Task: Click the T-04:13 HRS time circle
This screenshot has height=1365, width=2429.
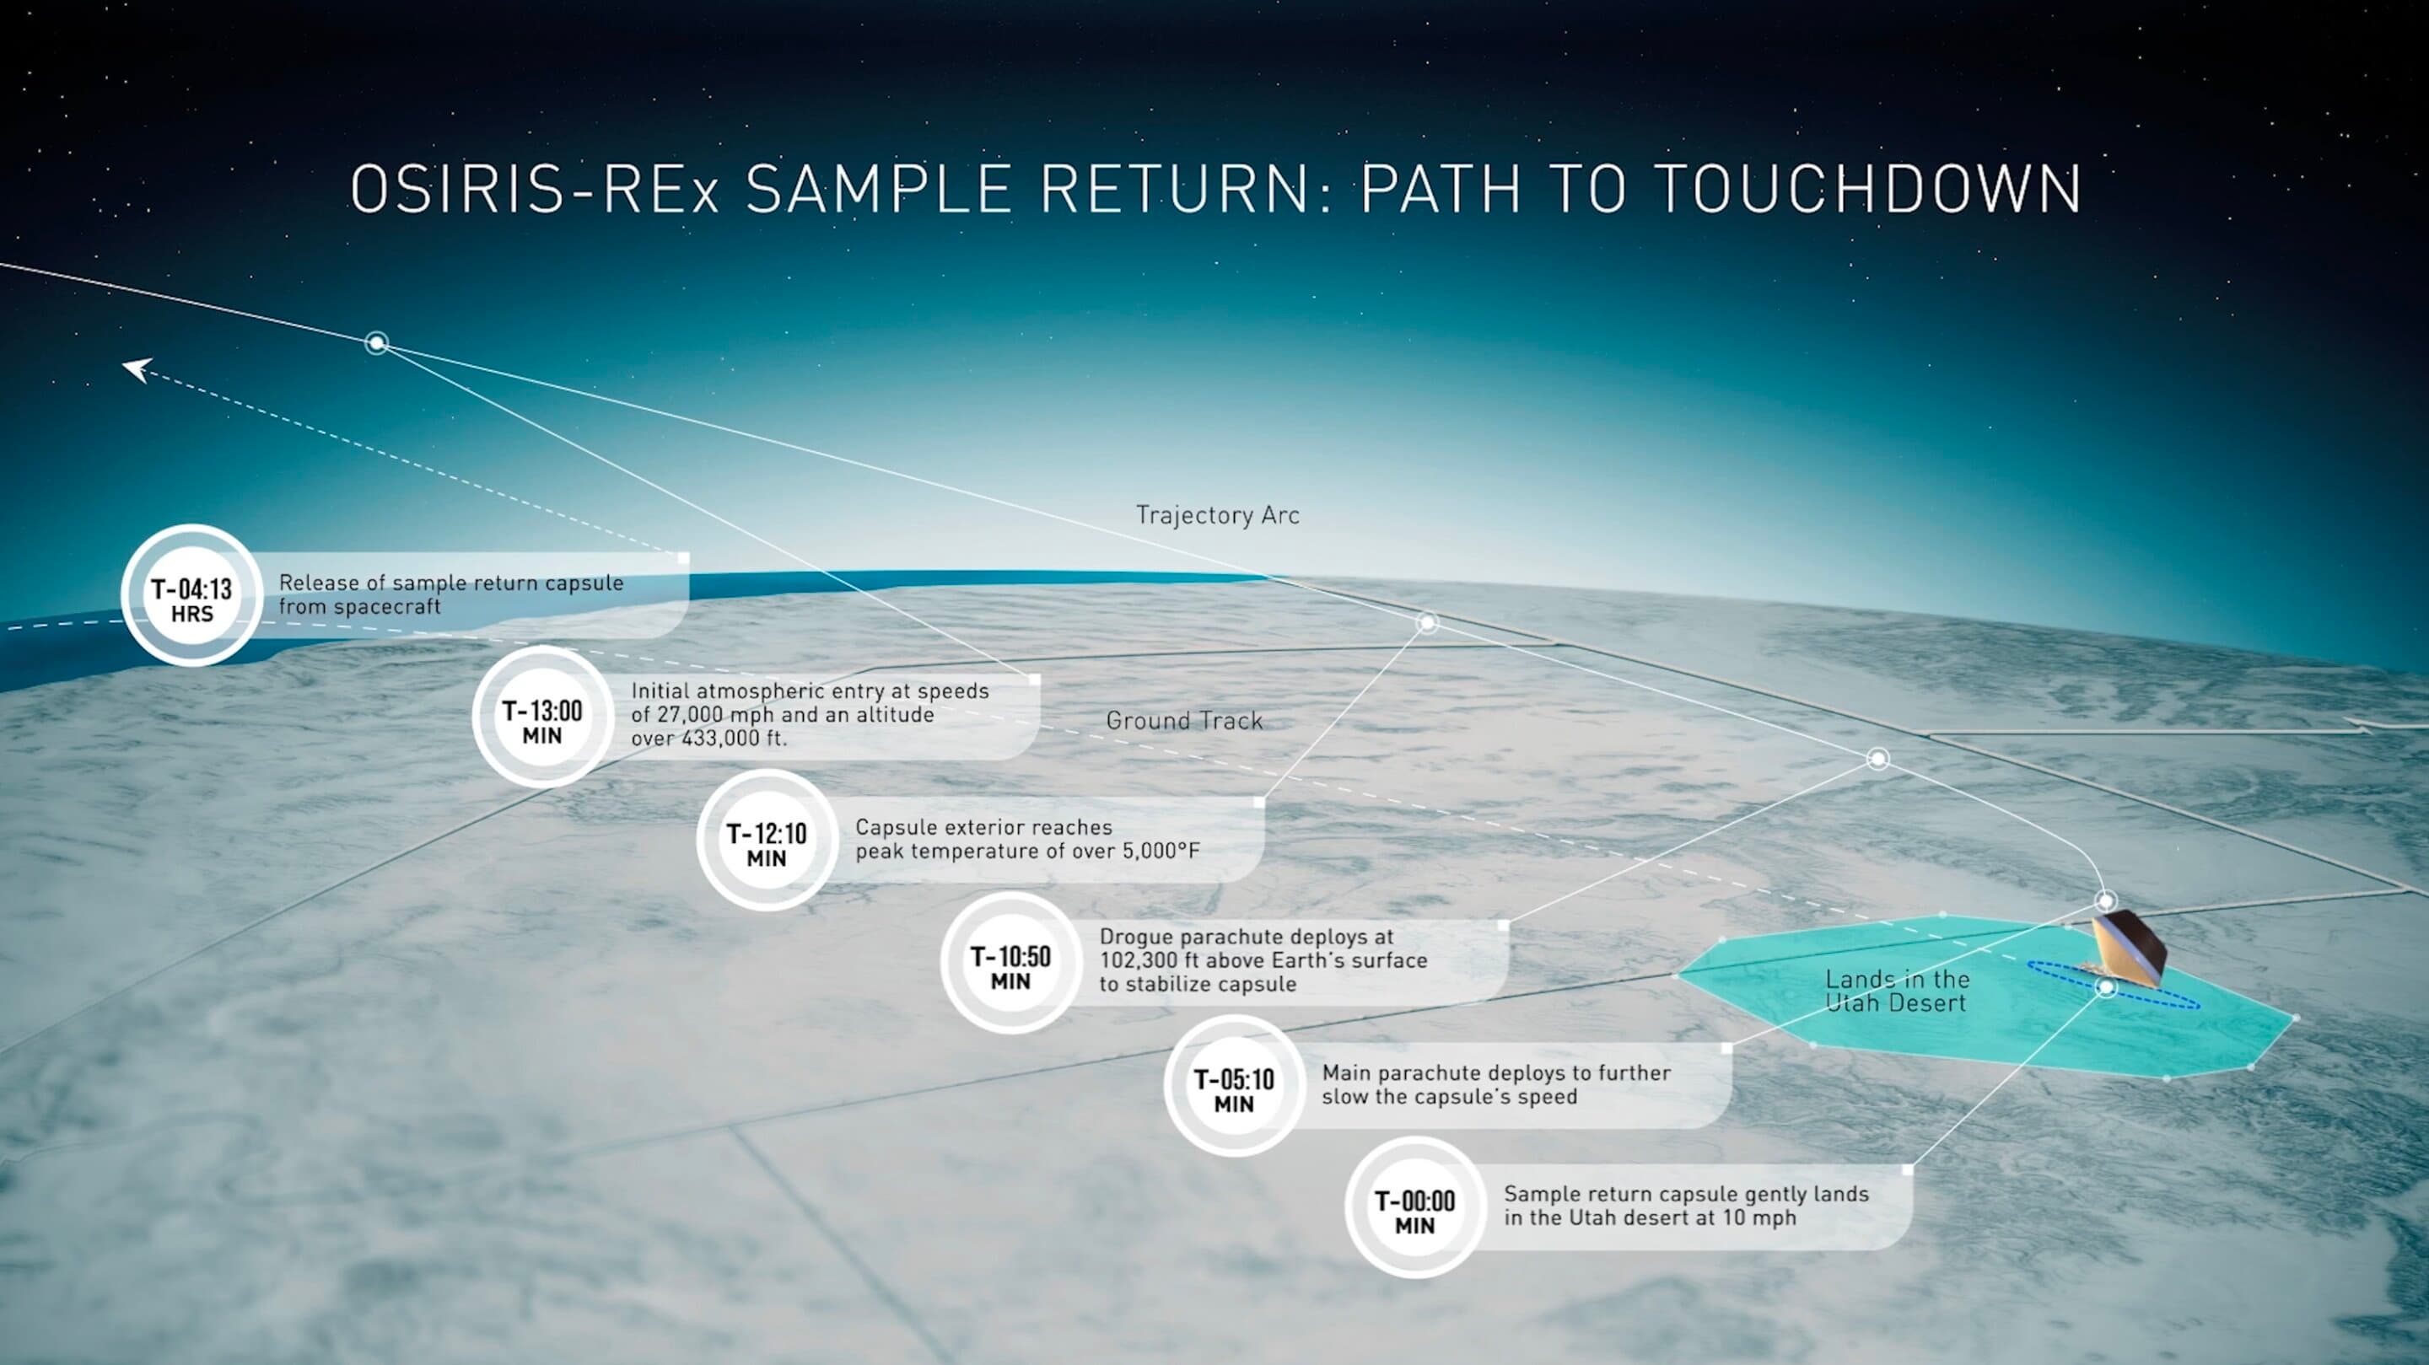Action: (x=192, y=596)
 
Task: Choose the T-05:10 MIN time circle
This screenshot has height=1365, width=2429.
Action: (x=1234, y=1086)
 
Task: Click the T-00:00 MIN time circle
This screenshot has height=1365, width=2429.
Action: (x=1415, y=1207)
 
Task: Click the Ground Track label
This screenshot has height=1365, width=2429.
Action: (x=1184, y=721)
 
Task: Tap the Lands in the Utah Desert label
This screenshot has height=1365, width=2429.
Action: (x=1897, y=991)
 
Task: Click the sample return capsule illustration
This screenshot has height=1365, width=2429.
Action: (x=2127, y=949)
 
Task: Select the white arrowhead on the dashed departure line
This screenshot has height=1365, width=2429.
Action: (x=137, y=368)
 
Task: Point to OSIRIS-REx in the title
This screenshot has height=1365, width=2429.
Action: (x=535, y=189)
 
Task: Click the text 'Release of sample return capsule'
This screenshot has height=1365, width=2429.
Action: (x=450, y=583)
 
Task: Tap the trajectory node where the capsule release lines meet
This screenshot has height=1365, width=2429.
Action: (x=376, y=343)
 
